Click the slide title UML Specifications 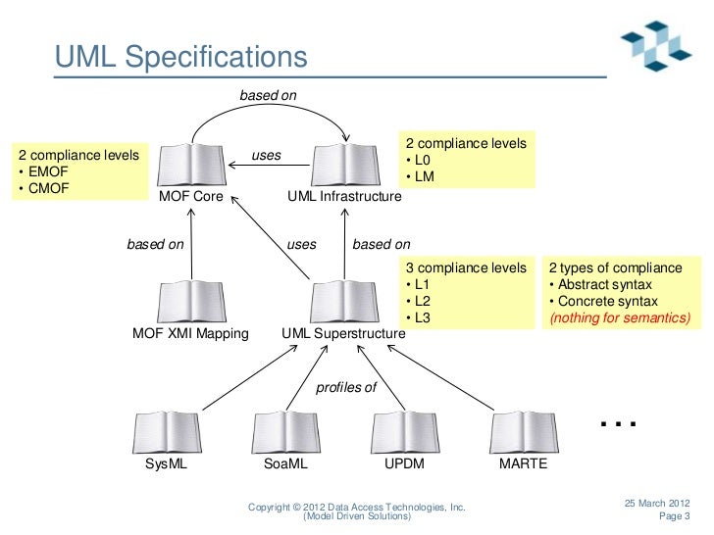[181, 58]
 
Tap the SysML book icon [166, 432]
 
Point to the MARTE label [523, 465]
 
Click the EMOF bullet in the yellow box [39, 171]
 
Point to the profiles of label [345, 388]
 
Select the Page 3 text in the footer [674, 516]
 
